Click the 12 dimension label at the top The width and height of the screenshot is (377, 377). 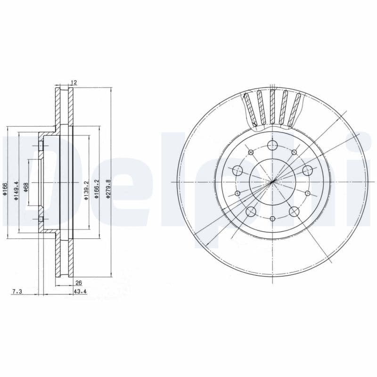pos(74,82)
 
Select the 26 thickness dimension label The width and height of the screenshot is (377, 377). pos(79,283)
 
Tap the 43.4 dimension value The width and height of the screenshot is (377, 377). pos(80,292)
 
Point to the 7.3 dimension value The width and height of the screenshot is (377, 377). pos(16,292)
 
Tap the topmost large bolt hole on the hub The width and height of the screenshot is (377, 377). pos(272,145)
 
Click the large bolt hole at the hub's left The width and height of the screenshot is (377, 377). pos(238,171)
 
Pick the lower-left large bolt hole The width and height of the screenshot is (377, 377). pos(251,211)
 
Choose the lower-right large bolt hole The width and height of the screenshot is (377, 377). pos(294,211)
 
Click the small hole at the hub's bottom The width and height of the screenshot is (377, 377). pos(273,218)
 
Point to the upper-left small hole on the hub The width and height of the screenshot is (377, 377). pos(251,152)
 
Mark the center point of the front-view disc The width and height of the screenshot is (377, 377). pos(273,182)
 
